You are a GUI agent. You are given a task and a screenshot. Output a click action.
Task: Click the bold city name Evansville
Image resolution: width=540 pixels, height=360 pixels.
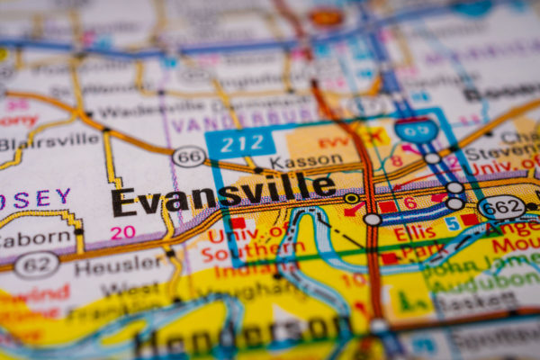[x=222, y=193]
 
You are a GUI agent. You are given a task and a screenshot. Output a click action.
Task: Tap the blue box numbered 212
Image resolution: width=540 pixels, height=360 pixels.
[x=239, y=142]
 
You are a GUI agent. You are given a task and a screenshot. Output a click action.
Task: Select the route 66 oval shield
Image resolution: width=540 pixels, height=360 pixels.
[x=188, y=157]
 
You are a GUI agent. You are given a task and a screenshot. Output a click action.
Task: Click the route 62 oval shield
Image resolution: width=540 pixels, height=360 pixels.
[x=36, y=264]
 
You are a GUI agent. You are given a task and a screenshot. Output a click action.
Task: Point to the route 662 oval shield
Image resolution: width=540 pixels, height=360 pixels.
[x=501, y=207]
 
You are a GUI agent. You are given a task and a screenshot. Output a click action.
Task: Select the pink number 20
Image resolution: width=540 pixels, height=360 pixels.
[x=122, y=232]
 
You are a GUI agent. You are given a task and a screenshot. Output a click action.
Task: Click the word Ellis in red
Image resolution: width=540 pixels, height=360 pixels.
[x=414, y=233]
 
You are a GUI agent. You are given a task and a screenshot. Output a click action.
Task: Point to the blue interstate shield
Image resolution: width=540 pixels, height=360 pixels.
[x=416, y=131]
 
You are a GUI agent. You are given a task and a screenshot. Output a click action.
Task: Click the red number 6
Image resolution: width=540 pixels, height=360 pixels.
[x=409, y=203]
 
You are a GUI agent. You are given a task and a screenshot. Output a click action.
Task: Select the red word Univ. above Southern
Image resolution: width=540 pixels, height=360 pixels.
[x=232, y=236]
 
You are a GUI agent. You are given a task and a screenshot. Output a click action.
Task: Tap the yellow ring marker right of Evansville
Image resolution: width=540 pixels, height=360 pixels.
[x=351, y=198]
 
